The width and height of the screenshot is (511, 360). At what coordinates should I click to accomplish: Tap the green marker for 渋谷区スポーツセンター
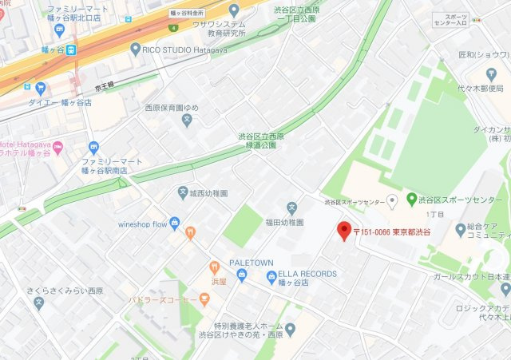[x=411, y=199]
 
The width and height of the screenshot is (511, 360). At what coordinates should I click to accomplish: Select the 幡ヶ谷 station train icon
[x=71, y=49]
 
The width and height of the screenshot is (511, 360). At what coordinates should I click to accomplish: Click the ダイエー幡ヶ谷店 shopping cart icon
[x=40, y=89]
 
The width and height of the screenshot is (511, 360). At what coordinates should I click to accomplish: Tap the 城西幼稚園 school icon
[x=183, y=193]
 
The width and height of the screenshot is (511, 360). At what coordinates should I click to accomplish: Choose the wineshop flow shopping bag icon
[x=175, y=224]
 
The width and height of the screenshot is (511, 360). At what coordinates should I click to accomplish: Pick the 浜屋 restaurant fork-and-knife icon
[x=214, y=268]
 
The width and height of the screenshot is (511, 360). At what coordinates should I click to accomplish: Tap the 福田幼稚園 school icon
[x=291, y=207]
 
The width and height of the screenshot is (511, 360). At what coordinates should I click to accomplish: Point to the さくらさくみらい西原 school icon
[x=38, y=303]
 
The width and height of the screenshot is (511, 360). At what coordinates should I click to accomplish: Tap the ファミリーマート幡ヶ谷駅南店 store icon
[x=93, y=147]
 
